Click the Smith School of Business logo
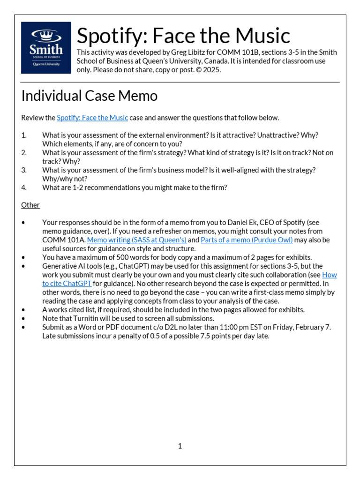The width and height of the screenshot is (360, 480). [46, 48]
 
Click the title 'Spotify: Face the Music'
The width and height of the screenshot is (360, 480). [183, 36]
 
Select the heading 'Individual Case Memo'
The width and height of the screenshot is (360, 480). [89, 96]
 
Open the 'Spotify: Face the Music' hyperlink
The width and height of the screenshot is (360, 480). [92, 118]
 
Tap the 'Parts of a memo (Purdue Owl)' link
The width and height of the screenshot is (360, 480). [247, 240]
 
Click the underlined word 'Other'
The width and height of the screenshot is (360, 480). [30, 205]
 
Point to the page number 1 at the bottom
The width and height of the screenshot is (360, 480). [180, 446]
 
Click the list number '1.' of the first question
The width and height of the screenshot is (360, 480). [24, 135]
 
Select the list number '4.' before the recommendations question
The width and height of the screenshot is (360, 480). [24, 187]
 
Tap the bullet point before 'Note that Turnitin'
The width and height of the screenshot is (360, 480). [23, 318]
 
